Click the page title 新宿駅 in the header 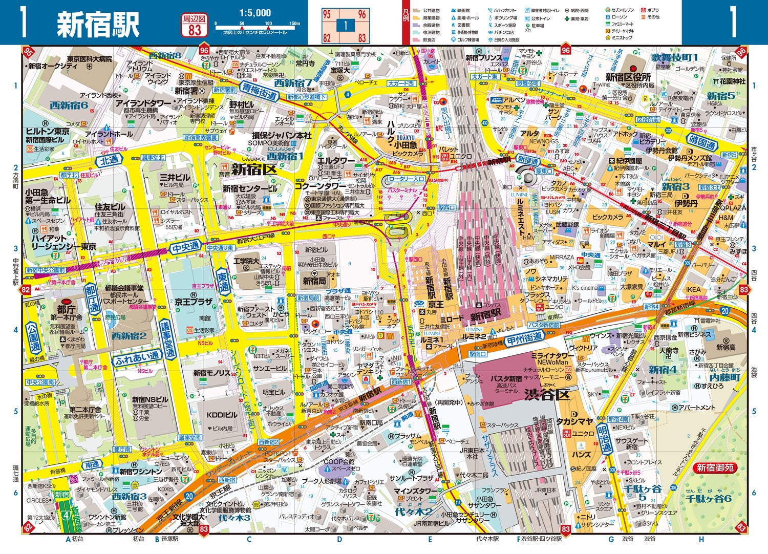[x=97, y=24]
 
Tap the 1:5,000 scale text [x=255, y=13]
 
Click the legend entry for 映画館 [x=460, y=10]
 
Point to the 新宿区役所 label [x=628, y=77]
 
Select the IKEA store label [x=693, y=290]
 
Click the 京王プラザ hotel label [x=194, y=302]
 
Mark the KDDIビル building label [x=222, y=415]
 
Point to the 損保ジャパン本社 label [x=282, y=135]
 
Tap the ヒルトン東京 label [x=48, y=132]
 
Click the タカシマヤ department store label [x=575, y=421]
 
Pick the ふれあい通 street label [x=137, y=357]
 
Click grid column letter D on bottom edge [x=339, y=539]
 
